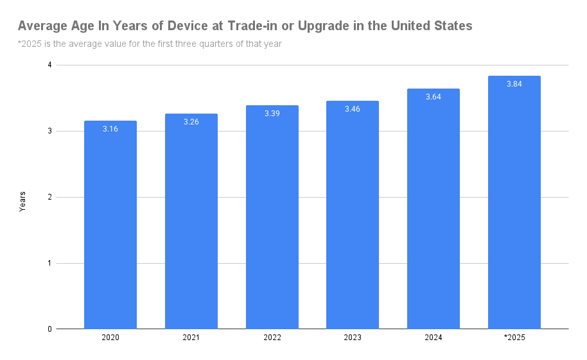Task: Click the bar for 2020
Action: point(110,225)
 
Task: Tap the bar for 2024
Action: point(434,209)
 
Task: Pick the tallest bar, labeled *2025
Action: point(514,202)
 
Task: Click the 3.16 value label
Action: point(110,129)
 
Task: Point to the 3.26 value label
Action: point(191,122)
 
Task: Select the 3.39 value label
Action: point(272,114)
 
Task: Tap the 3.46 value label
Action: point(353,109)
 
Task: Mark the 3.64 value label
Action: point(434,97)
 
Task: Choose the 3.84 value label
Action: point(514,84)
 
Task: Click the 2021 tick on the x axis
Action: point(191,338)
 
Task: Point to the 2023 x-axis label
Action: point(353,338)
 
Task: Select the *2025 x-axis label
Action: point(514,338)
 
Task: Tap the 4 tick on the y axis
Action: point(49,65)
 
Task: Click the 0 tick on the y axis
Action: point(49,329)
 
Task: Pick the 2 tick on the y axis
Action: point(49,198)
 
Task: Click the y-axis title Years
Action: point(22,201)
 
